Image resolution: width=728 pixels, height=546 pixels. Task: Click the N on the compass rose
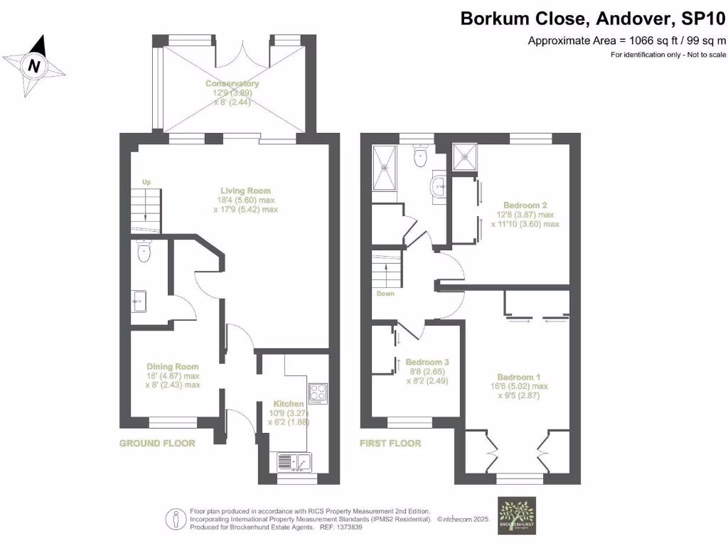(33, 66)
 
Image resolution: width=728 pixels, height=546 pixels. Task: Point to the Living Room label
(245, 191)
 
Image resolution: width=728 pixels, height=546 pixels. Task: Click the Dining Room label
(168, 366)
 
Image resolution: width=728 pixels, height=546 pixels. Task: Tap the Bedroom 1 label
(519, 377)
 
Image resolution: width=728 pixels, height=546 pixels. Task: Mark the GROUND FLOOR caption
(156, 443)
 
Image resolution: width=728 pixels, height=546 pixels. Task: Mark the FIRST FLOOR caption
(390, 443)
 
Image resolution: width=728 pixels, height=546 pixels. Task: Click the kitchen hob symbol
(317, 392)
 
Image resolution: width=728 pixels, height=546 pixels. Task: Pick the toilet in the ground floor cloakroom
(144, 252)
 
